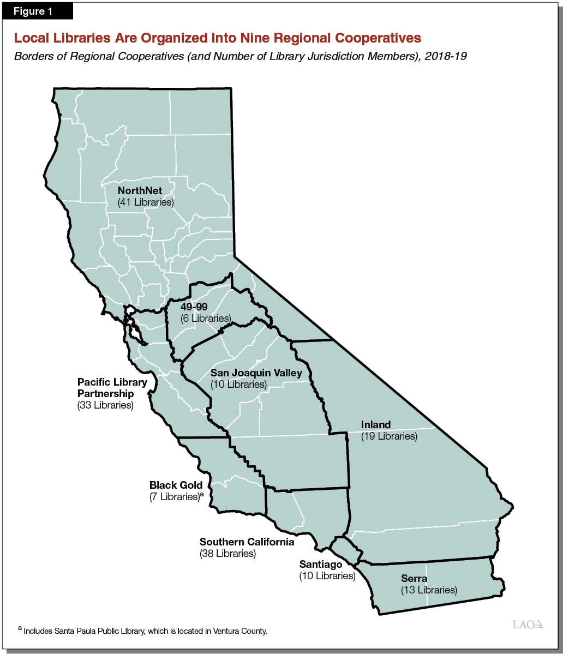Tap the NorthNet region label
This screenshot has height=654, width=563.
click(140, 191)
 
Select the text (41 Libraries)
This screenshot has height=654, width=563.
click(145, 202)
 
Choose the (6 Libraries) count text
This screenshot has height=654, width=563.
click(205, 318)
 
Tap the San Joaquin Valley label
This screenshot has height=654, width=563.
click(255, 373)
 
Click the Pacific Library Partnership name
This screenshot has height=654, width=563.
click(112, 388)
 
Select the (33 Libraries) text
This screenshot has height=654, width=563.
click(105, 405)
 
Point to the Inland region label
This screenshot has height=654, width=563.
click(376, 425)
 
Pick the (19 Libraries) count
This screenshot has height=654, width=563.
click(389, 436)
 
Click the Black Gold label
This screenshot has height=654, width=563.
click(176, 485)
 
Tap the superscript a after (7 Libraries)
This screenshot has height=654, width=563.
click(202, 495)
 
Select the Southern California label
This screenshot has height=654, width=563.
click(247, 542)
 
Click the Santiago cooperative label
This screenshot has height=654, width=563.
click(320, 565)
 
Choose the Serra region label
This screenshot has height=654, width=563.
click(414, 579)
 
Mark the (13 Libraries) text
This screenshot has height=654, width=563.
click(429, 590)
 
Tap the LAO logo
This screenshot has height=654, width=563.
click(528, 625)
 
